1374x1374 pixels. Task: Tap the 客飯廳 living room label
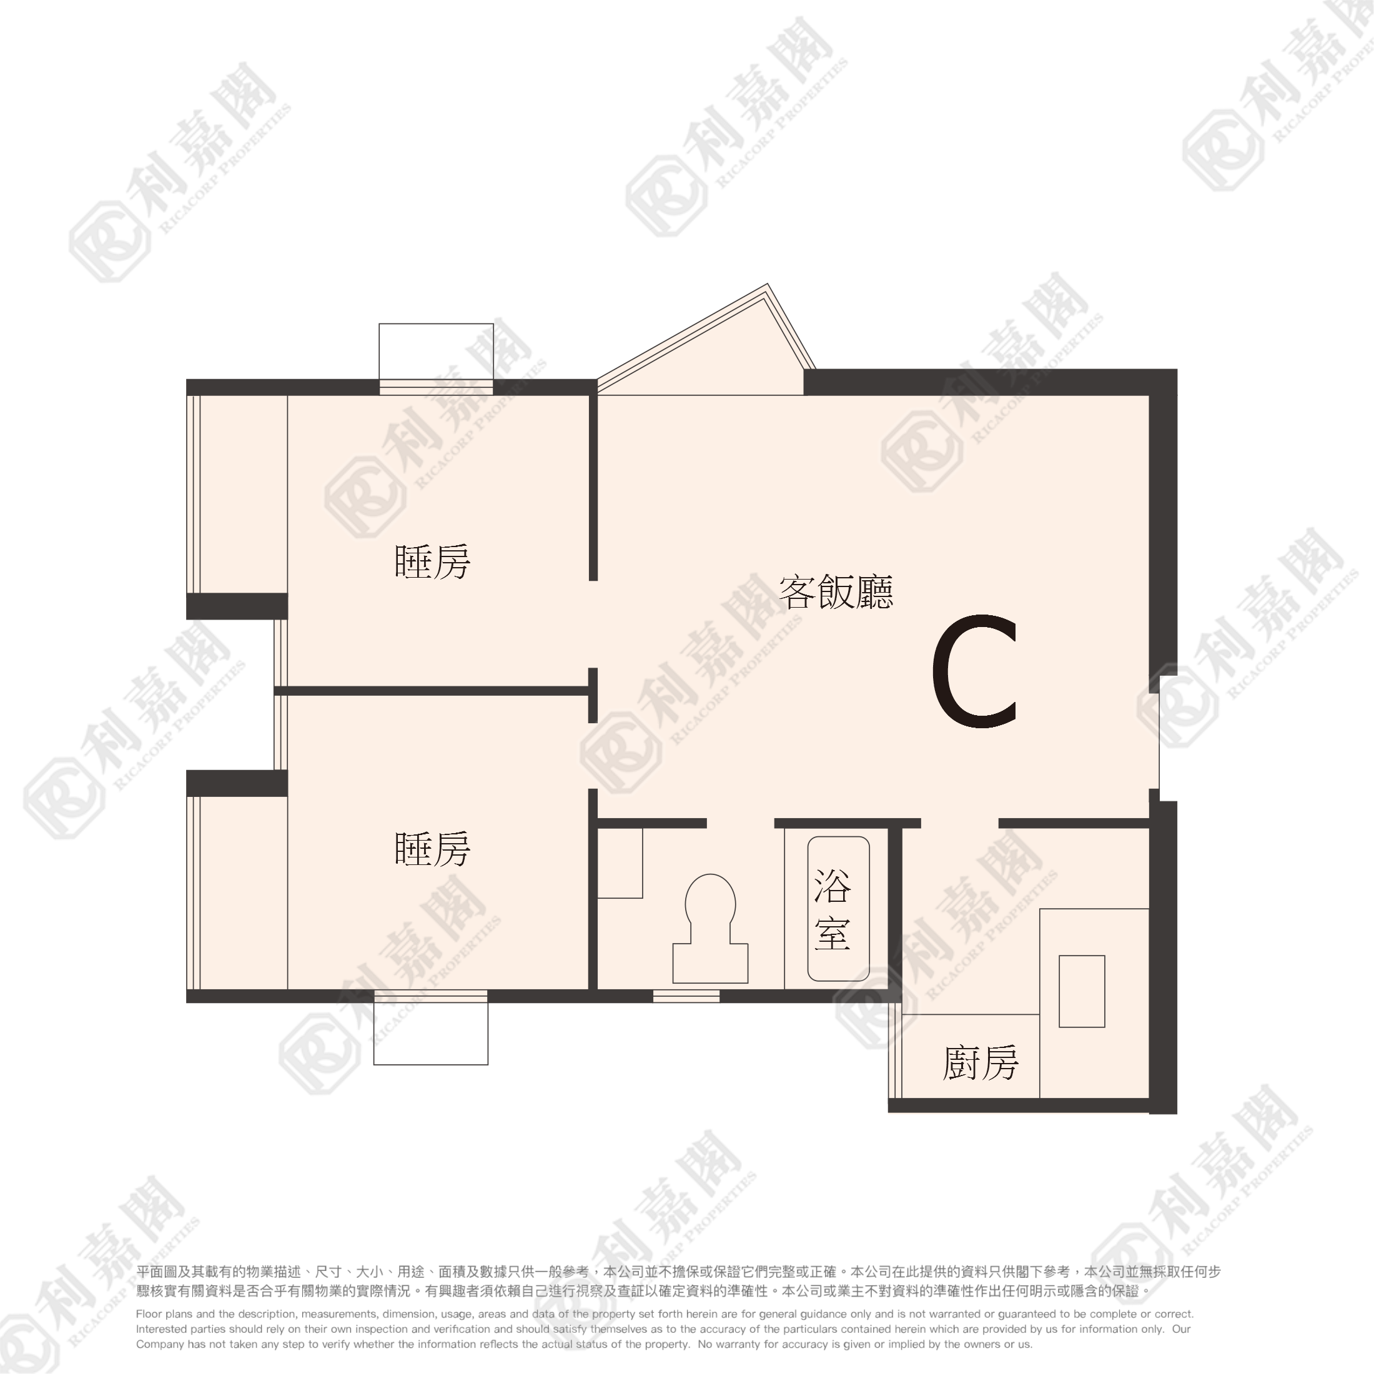click(836, 591)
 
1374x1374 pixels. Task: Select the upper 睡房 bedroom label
click(432, 562)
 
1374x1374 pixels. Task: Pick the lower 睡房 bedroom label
click(432, 849)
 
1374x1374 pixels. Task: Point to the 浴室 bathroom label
click(833, 909)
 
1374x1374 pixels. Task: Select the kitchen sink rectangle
click(1082, 991)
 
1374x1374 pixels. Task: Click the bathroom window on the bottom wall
click(686, 996)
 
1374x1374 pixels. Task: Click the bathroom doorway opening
click(740, 824)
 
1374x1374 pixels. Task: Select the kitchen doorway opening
click(960, 824)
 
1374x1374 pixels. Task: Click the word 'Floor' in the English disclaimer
click(149, 1315)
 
